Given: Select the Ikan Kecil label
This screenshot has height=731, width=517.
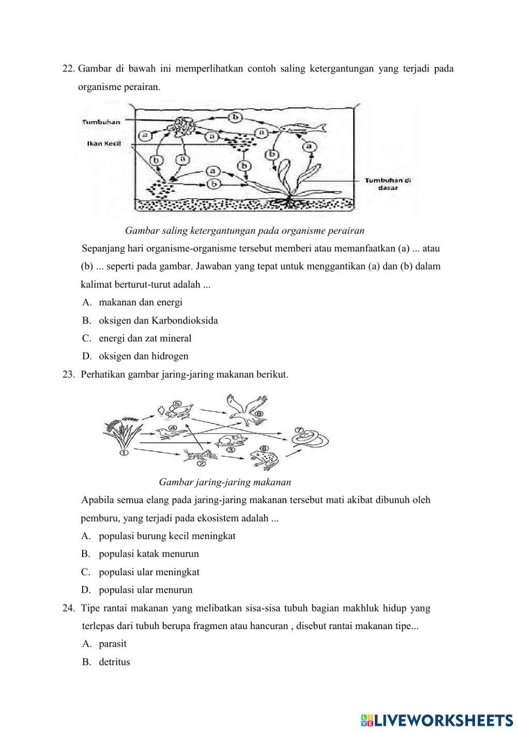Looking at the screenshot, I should click(103, 143).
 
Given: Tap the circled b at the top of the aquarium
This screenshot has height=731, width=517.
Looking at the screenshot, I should click(235, 117).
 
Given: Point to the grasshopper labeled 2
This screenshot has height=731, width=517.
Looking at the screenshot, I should click(199, 455).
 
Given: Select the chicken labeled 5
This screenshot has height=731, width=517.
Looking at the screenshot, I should click(179, 410).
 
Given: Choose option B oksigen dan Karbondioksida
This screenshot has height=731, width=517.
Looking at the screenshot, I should click(158, 320).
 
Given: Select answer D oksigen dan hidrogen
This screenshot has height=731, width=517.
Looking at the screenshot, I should click(143, 356).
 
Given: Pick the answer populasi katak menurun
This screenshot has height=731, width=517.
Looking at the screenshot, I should click(148, 554).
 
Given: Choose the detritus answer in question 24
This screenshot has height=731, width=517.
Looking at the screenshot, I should click(114, 662).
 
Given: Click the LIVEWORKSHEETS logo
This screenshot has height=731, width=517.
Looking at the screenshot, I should click(437, 720).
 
